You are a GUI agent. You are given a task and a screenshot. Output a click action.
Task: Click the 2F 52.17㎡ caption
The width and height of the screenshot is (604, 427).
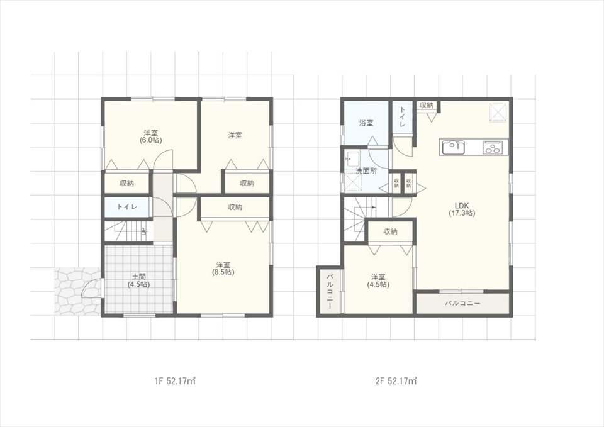tap(396, 381)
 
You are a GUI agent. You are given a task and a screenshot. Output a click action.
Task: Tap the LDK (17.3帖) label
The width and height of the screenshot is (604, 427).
tap(462, 209)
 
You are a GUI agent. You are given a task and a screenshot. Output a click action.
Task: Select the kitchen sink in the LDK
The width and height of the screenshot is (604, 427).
tap(454, 147)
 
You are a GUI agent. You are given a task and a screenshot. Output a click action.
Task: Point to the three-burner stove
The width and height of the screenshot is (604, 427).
tap(493, 147)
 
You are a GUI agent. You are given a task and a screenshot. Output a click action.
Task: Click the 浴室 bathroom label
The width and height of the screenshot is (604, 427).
tap(366, 123)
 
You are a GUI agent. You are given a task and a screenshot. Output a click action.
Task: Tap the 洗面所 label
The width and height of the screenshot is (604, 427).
tap(366, 171)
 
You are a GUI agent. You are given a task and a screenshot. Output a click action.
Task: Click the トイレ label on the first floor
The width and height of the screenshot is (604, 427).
tap(126, 207)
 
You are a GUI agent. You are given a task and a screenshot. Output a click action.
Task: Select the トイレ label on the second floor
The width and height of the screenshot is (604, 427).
tap(402, 118)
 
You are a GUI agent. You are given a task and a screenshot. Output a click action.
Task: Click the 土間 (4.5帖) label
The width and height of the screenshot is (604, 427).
tap(138, 280)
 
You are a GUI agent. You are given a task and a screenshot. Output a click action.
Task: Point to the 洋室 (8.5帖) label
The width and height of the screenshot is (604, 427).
tap(223, 269)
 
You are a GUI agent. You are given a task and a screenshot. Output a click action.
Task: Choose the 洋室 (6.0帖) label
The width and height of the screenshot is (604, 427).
tap(150, 136)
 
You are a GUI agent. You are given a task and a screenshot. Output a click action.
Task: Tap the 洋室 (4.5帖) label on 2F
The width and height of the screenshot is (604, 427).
tap(378, 280)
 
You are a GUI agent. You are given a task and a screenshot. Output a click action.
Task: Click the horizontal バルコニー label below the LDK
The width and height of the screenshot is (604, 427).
tap(462, 303)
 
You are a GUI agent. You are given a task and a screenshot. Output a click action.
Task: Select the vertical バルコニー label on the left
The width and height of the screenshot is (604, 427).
tap(330, 291)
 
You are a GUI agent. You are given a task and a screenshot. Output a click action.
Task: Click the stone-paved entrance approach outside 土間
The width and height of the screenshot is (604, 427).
tap(78, 291)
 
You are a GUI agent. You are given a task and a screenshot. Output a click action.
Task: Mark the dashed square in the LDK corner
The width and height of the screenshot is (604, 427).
tap(497, 113)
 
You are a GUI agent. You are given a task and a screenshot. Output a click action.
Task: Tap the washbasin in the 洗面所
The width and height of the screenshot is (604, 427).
tap(352, 158)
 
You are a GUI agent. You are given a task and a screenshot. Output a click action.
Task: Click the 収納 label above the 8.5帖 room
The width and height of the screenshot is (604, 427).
tap(235, 207)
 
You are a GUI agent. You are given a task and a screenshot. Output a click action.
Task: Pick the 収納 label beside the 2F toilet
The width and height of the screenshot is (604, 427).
tap(427, 105)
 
